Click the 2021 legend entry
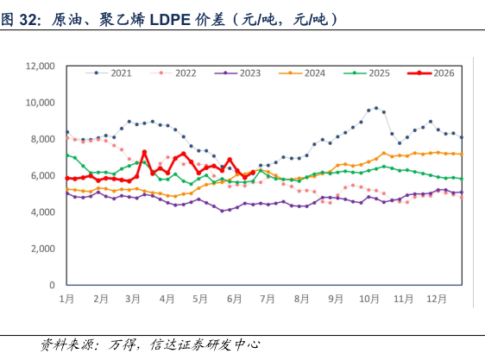pyautogui.click(x=109, y=73)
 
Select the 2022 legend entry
pyautogui.click(x=173, y=73)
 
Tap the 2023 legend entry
pyautogui.click(x=237, y=73)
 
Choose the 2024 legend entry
pyautogui.click(x=302, y=73)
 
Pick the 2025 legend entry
pyautogui.click(x=367, y=73)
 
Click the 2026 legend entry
pyautogui.click(x=431, y=73)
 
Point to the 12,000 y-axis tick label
pyautogui.click(x=40, y=66)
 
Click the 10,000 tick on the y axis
pyautogui.click(x=40, y=103)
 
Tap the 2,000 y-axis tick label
pyautogui.click(x=42, y=249)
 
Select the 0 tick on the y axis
pyautogui.click(x=52, y=285)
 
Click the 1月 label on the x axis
pyautogui.click(x=66, y=299)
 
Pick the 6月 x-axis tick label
pyautogui.click(x=234, y=299)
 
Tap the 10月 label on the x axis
pyautogui.click(x=369, y=299)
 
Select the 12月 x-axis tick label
pyautogui.click(x=437, y=299)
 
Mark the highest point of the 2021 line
pyautogui.click(x=376, y=108)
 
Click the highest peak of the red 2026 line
pyautogui.click(x=144, y=152)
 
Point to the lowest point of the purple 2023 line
pyautogui.click(x=222, y=211)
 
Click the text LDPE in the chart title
pyautogui.click(x=170, y=20)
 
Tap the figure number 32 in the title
pyautogui.click(x=28, y=20)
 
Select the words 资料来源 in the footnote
pyautogui.click(x=66, y=344)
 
